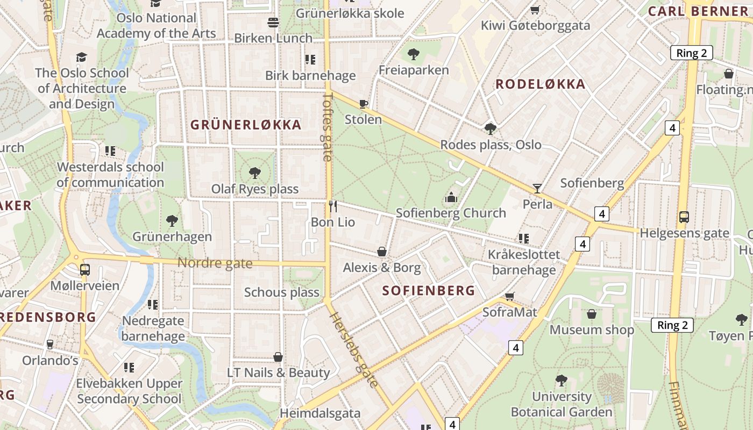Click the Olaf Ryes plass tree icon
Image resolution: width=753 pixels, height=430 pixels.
click(x=255, y=173)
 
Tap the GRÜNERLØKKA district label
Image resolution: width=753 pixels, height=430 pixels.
click(x=246, y=125)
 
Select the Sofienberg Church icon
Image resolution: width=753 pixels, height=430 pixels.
click(x=451, y=198)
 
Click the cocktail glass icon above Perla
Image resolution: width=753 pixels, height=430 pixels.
click(x=537, y=188)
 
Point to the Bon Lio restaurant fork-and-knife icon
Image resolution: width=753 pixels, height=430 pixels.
click(x=333, y=206)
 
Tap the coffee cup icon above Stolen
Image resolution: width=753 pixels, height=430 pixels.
click(x=364, y=104)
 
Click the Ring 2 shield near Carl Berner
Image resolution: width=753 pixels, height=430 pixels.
click(x=691, y=53)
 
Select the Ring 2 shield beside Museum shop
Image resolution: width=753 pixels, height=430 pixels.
click(x=672, y=325)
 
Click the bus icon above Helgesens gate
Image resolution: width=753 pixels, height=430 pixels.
click(x=684, y=217)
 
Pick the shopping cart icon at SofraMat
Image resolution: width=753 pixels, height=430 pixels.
click(x=510, y=297)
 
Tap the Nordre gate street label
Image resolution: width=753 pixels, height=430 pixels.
click(x=215, y=263)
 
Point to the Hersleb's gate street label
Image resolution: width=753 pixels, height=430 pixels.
click(x=354, y=349)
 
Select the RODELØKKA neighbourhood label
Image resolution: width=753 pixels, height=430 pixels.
click(x=540, y=84)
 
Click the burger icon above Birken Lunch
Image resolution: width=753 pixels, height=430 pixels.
click(x=273, y=23)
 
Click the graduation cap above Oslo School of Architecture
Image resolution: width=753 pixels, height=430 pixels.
click(x=81, y=57)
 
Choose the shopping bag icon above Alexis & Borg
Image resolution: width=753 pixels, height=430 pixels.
click(x=382, y=252)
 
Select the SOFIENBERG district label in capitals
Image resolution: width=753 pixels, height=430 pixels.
click(x=428, y=291)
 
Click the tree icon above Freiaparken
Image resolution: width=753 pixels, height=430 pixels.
click(x=413, y=54)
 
